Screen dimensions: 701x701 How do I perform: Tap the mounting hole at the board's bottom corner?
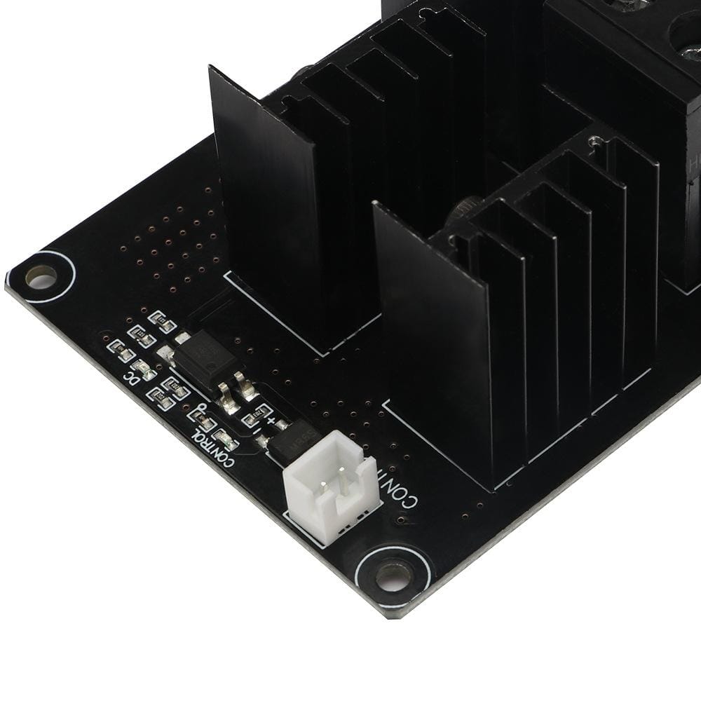(393, 576)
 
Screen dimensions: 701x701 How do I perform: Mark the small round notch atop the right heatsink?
(594, 141)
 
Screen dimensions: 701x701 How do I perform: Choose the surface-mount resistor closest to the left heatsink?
(165, 324)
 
